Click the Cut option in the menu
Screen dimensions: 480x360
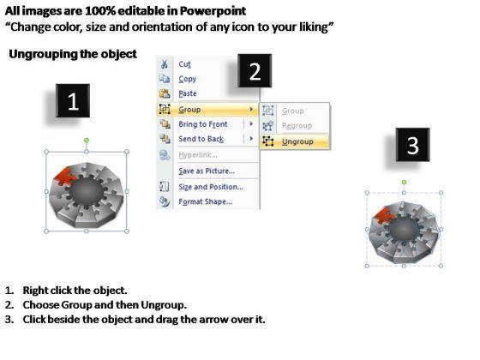point(184,64)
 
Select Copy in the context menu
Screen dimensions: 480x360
point(188,79)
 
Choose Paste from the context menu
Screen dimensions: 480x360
point(188,93)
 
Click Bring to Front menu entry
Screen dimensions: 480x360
point(203,124)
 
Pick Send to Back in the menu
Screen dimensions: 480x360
point(201,139)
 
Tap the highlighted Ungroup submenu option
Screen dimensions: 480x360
point(297,141)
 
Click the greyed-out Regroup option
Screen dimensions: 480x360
point(297,125)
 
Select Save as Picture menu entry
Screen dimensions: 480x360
point(207,171)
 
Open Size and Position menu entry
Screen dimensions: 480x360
point(211,187)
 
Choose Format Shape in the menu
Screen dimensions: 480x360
point(205,201)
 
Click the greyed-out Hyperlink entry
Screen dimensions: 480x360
point(198,155)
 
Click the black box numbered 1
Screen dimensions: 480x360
point(73,101)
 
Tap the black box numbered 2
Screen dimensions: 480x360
point(255,71)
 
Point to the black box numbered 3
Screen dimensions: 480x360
point(412,145)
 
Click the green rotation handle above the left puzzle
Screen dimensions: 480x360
point(87,141)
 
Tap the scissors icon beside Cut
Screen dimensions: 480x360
point(165,64)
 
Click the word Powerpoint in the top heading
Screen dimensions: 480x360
point(213,11)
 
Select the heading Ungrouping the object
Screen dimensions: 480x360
point(73,54)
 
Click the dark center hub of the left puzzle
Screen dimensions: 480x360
point(87,191)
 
